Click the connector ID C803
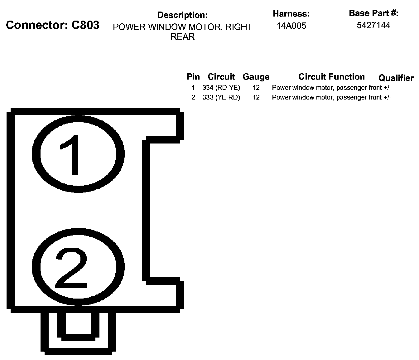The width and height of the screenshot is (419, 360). pos(85,25)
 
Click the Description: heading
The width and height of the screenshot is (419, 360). pos(182,15)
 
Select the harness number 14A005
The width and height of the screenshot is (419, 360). pos(291,26)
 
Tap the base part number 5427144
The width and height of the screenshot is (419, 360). pos(373,25)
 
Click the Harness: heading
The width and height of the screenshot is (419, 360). pos(291,14)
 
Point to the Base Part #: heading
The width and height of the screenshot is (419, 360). pos(373,13)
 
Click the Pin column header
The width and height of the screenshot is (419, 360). pos(193,77)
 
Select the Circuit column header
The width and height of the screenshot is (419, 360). pos(221,77)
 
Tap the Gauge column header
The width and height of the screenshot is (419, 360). pos(256,77)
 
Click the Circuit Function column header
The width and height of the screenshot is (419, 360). pos(331,77)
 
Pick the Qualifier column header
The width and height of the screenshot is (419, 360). pos(396,78)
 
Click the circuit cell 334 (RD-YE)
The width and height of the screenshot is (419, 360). pos(221,88)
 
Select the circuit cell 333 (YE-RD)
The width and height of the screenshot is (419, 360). pos(221,97)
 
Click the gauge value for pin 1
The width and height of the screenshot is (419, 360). pos(256,88)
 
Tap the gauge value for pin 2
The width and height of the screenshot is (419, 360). pos(256,97)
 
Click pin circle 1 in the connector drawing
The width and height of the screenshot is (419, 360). pos(78,154)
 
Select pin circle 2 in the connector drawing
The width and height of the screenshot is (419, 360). pos(78,267)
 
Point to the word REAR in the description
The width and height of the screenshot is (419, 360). pos(182,36)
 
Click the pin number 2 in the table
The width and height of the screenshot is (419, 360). pos(193,97)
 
